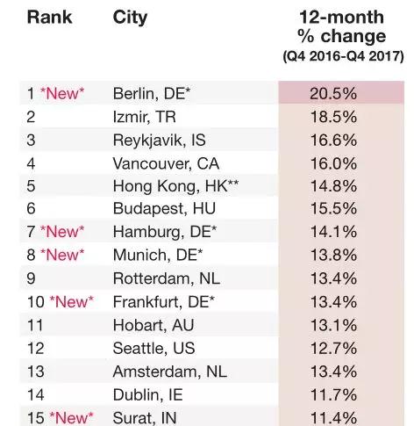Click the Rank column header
[x=49, y=17]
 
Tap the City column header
[x=130, y=18]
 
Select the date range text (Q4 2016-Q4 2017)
[x=343, y=56]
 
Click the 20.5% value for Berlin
[x=333, y=94]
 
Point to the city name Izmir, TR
[x=145, y=117]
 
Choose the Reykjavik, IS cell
[x=160, y=141]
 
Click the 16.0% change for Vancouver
[x=333, y=163]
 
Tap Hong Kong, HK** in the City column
[x=175, y=186]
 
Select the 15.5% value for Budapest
[x=333, y=209]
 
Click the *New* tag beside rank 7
[x=62, y=232]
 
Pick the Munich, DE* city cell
[x=158, y=255]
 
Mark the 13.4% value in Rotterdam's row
[x=333, y=278]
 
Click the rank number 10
[x=35, y=302]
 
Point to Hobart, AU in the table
[x=153, y=325]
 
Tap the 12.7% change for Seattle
[x=333, y=349]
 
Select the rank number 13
[x=35, y=372]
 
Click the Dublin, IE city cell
[x=148, y=394]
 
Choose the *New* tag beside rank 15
[x=71, y=418]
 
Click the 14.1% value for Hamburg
[x=333, y=232]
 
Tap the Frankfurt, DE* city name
[x=164, y=302]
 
